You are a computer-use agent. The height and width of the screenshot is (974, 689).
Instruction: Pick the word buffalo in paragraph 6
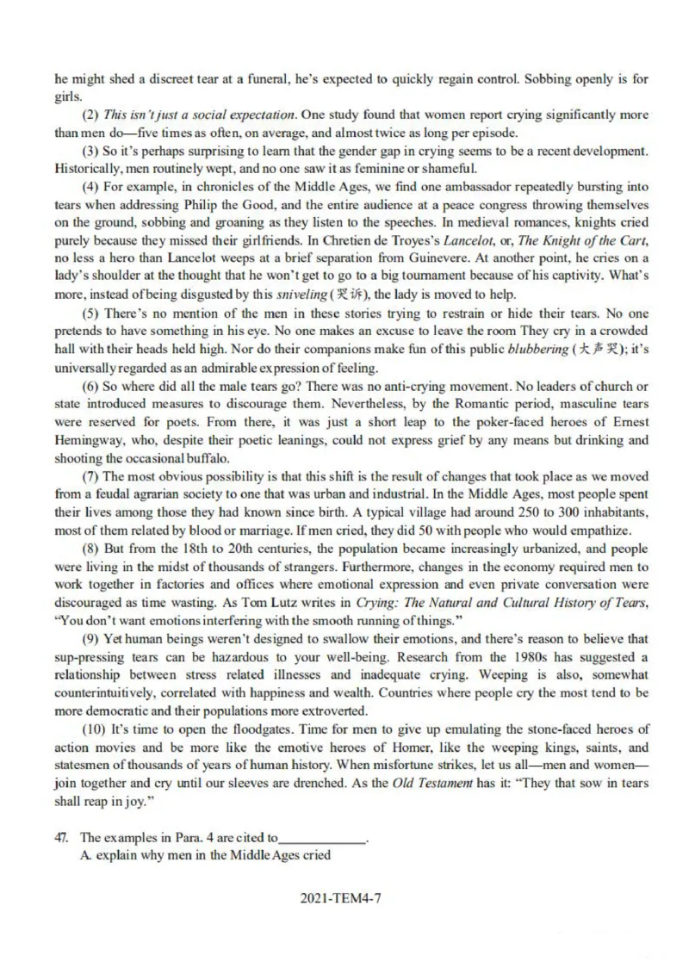coord(206,457)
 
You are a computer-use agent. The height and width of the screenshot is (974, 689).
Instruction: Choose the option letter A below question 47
coord(86,855)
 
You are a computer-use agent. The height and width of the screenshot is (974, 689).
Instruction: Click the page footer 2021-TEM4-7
coord(342,897)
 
